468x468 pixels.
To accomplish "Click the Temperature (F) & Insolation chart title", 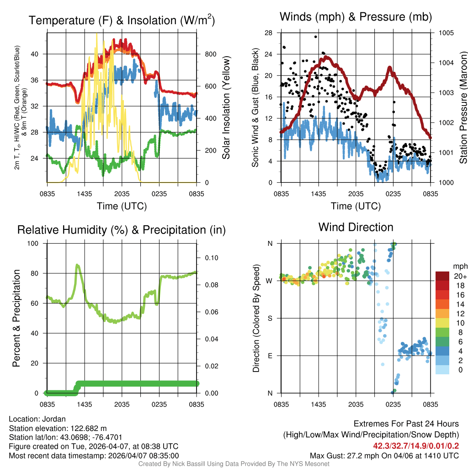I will pyautogui.click(x=122, y=20).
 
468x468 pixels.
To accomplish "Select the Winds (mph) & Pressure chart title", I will pyautogui.click(x=356, y=17).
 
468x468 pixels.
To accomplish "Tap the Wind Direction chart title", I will pyautogui.click(x=356, y=227).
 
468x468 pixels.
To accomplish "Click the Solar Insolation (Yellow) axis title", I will pyautogui.click(x=226, y=108).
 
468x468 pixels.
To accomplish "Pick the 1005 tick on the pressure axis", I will pyautogui.click(x=445, y=33).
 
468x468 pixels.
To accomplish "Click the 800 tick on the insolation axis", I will pyautogui.click(x=210, y=54).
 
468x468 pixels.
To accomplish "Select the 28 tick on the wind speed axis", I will pyautogui.click(x=269, y=33).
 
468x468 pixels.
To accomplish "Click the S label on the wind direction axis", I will pyautogui.click(x=269, y=318).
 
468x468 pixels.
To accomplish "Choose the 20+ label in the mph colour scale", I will pyautogui.click(x=460, y=276).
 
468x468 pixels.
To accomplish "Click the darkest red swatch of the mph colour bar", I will pyautogui.click(x=443, y=276).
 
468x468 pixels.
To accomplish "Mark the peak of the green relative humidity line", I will pyautogui.click(x=77, y=265).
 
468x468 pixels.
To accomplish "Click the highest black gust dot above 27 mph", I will pyautogui.click(x=316, y=37).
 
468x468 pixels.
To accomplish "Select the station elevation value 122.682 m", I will pyautogui.click(x=89, y=428).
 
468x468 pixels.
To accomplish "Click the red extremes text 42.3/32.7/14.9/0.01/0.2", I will pyautogui.click(x=416, y=446).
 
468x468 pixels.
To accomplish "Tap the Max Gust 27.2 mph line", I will pyautogui.click(x=384, y=455).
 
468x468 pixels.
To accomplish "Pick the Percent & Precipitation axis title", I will pyautogui.click(x=16, y=318).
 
